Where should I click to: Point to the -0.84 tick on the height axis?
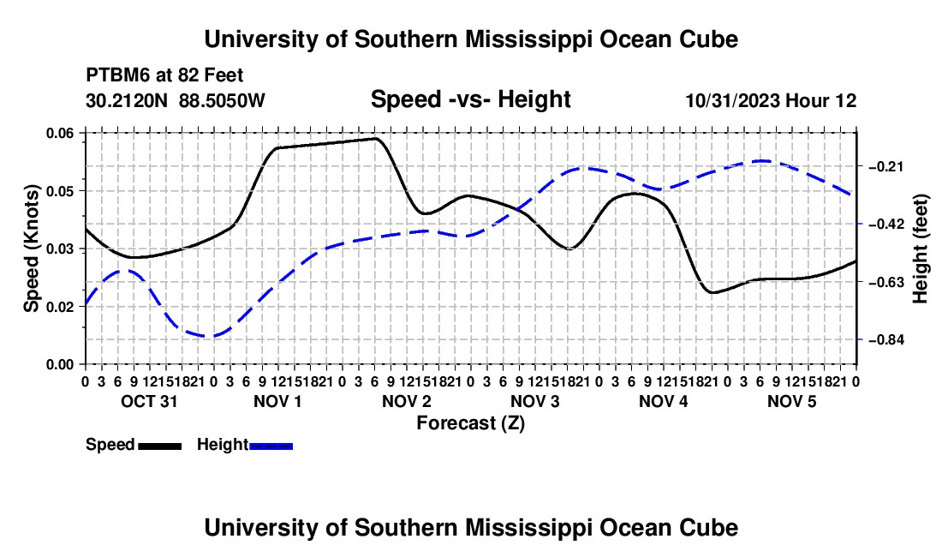886,340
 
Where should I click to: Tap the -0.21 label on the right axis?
886,166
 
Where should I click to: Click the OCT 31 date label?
150,401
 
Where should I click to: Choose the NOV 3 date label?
534,401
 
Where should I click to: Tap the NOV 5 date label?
792,401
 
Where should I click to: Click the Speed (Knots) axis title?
31,249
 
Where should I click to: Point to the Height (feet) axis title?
920,249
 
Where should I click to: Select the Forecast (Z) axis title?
471,423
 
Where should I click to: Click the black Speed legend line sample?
160,446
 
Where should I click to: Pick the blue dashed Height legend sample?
271,446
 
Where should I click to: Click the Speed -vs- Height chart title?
471,99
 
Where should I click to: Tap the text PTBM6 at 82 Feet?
164,75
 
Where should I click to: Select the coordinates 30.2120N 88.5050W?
176,100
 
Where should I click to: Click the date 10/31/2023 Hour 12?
772,100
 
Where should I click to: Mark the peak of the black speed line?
376,138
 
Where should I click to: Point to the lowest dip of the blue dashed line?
207,337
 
